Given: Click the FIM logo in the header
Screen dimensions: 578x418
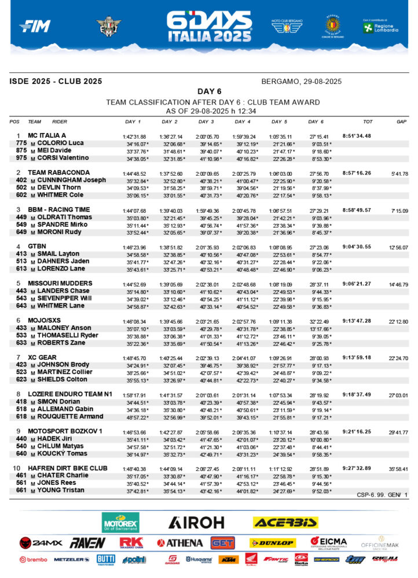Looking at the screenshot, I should click(x=35, y=26).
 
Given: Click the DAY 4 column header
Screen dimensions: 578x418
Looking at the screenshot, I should click(x=243, y=122).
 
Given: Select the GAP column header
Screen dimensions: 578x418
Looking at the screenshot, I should click(x=402, y=122).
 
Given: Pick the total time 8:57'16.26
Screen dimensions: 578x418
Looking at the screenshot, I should click(x=357, y=173).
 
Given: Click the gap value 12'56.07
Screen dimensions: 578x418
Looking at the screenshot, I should click(x=398, y=247).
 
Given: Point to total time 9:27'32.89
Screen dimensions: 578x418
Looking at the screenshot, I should click(x=357, y=468).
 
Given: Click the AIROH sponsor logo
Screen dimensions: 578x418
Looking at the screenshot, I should click(x=196, y=523).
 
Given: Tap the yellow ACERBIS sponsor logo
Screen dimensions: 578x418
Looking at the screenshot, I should click(x=285, y=523).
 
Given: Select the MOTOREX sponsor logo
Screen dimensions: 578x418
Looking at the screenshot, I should click(x=120, y=523).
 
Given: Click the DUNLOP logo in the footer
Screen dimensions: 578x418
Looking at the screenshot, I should click(x=272, y=543).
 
